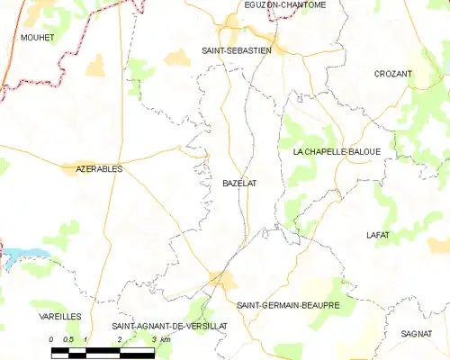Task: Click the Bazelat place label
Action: coord(239,183)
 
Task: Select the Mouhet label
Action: coord(37,37)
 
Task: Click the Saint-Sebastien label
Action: coord(237,50)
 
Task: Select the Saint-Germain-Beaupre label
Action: coord(288,305)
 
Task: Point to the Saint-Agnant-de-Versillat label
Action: coord(162,325)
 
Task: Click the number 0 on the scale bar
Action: coord(52,338)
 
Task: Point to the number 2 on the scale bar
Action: coord(119,338)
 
